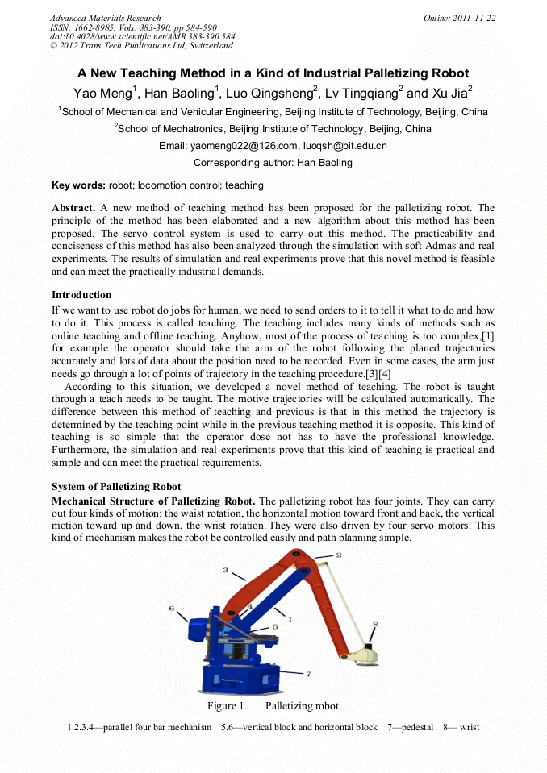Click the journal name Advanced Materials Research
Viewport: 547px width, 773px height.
(x=105, y=18)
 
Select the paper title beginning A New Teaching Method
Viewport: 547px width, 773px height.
(x=273, y=73)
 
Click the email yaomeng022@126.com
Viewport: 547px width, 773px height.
(x=243, y=146)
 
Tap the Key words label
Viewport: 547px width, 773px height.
(x=78, y=185)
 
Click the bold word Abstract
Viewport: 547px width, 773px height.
(x=73, y=208)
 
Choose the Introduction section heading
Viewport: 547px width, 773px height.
(x=81, y=295)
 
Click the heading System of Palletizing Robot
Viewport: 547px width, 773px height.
(x=116, y=487)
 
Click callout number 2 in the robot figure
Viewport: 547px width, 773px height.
(x=338, y=555)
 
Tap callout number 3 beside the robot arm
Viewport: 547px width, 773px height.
(x=225, y=570)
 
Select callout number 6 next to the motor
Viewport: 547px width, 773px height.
(x=171, y=609)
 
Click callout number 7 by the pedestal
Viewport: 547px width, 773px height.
(x=308, y=672)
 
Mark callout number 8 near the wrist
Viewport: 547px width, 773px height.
(x=374, y=624)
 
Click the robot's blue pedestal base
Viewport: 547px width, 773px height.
(x=242, y=673)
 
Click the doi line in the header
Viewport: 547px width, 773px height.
(x=143, y=36)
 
